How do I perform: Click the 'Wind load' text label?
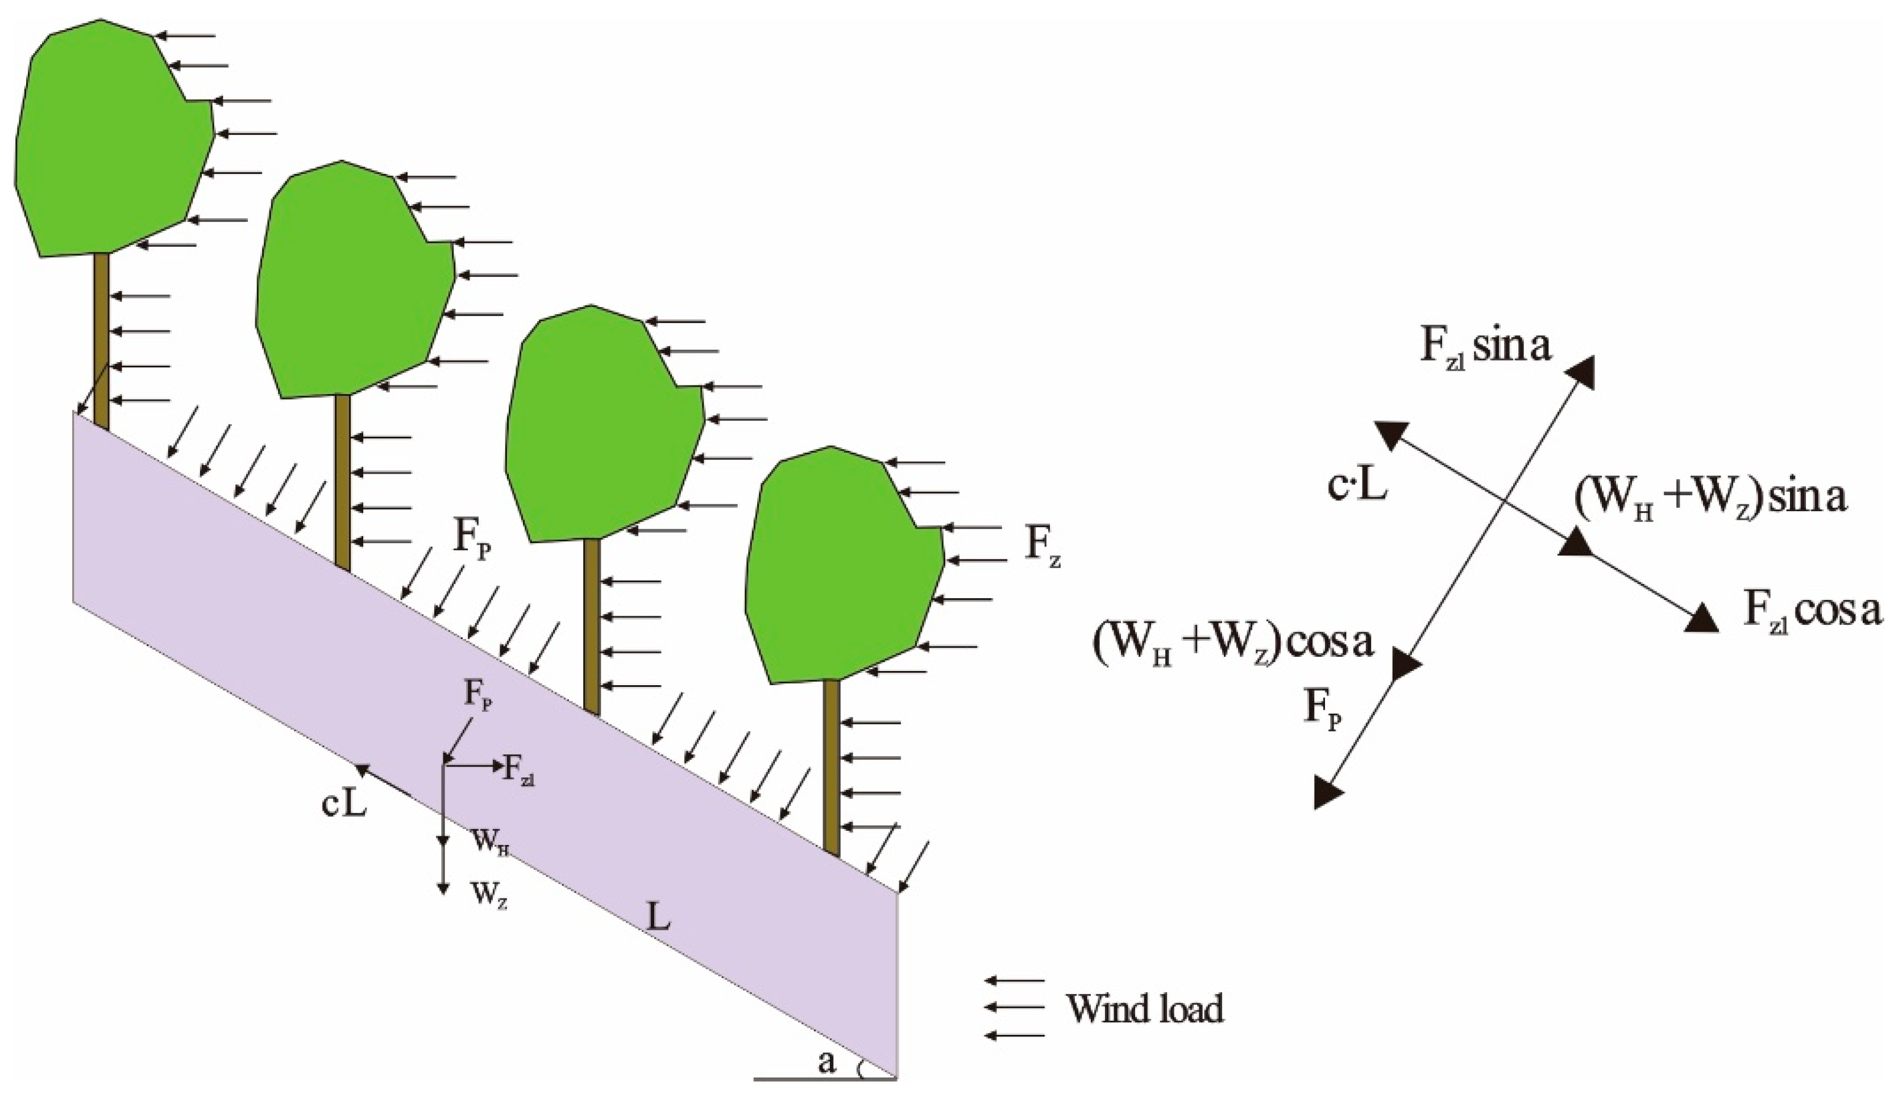click(1145, 1008)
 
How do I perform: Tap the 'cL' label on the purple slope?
click(344, 805)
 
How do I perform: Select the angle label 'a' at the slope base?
click(827, 1062)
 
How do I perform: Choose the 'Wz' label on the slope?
click(489, 896)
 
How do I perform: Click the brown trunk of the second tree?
click(342, 481)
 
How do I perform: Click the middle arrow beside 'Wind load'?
click(1014, 1008)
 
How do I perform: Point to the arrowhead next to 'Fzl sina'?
click(1580, 371)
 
